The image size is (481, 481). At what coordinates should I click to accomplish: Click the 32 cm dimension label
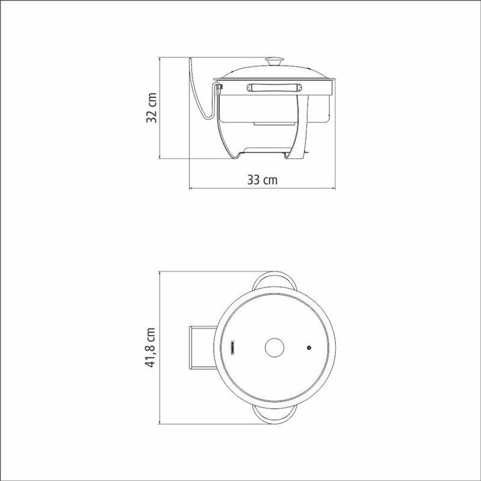click(x=152, y=108)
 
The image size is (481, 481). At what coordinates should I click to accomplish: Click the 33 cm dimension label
click(x=262, y=180)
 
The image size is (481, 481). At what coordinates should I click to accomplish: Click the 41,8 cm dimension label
click(x=151, y=348)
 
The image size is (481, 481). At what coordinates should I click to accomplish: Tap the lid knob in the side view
click(x=275, y=62)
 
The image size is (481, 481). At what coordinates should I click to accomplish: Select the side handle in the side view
click(x=275, y=88)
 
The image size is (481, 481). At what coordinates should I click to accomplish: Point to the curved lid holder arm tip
click(x=190, y=59)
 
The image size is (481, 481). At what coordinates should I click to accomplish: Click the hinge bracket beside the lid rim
click(x=219, y=89)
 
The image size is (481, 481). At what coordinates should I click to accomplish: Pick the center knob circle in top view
click(x=274, y=348)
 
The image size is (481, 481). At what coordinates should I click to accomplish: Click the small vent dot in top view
click(x=309, y=348)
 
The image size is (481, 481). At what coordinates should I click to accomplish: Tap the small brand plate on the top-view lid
click(x=232, y=348)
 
